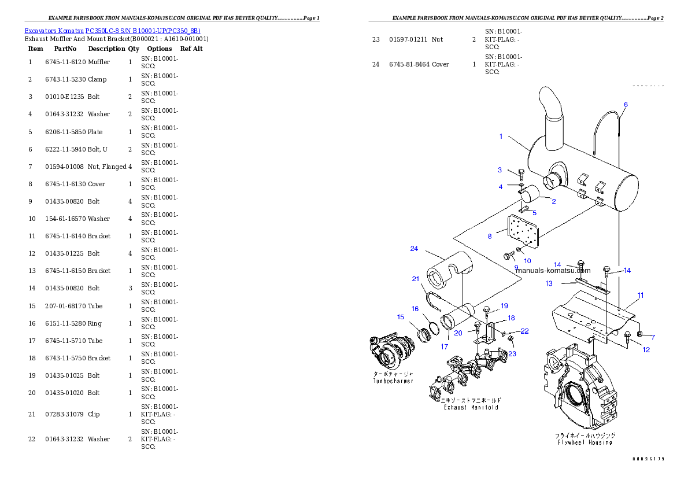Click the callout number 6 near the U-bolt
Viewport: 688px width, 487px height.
click(625, 105)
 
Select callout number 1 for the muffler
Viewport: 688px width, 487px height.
click(501, 136)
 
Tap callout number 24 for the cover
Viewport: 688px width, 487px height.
click(414, 249)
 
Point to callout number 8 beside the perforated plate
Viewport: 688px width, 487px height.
click(489, 236)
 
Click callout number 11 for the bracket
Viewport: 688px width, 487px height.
click(641, 296)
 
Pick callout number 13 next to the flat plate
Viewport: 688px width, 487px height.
click(549, 283)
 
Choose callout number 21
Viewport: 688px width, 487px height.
click(415, 279)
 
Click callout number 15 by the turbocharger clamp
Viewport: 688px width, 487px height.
click(401, 317)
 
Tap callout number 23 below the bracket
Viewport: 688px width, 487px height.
click(512, 354)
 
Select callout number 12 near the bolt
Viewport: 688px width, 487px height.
click(646, 349)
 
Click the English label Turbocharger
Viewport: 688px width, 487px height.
click(393, 381)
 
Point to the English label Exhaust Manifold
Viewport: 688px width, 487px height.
click(471, 407)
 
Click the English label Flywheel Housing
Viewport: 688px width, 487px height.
click(585, 442)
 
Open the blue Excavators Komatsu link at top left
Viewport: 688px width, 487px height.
click(112, 31)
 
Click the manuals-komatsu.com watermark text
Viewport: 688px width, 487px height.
click(553, 270)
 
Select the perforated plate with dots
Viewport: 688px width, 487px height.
click(522, 235)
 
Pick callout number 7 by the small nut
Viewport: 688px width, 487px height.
click(653, 337)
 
